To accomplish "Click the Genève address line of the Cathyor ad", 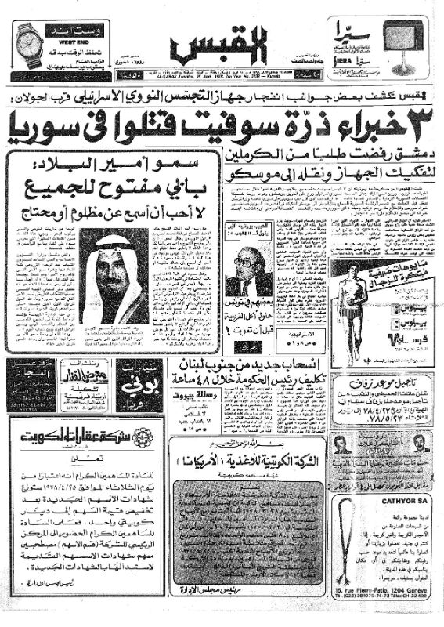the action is [x=380, y=600].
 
